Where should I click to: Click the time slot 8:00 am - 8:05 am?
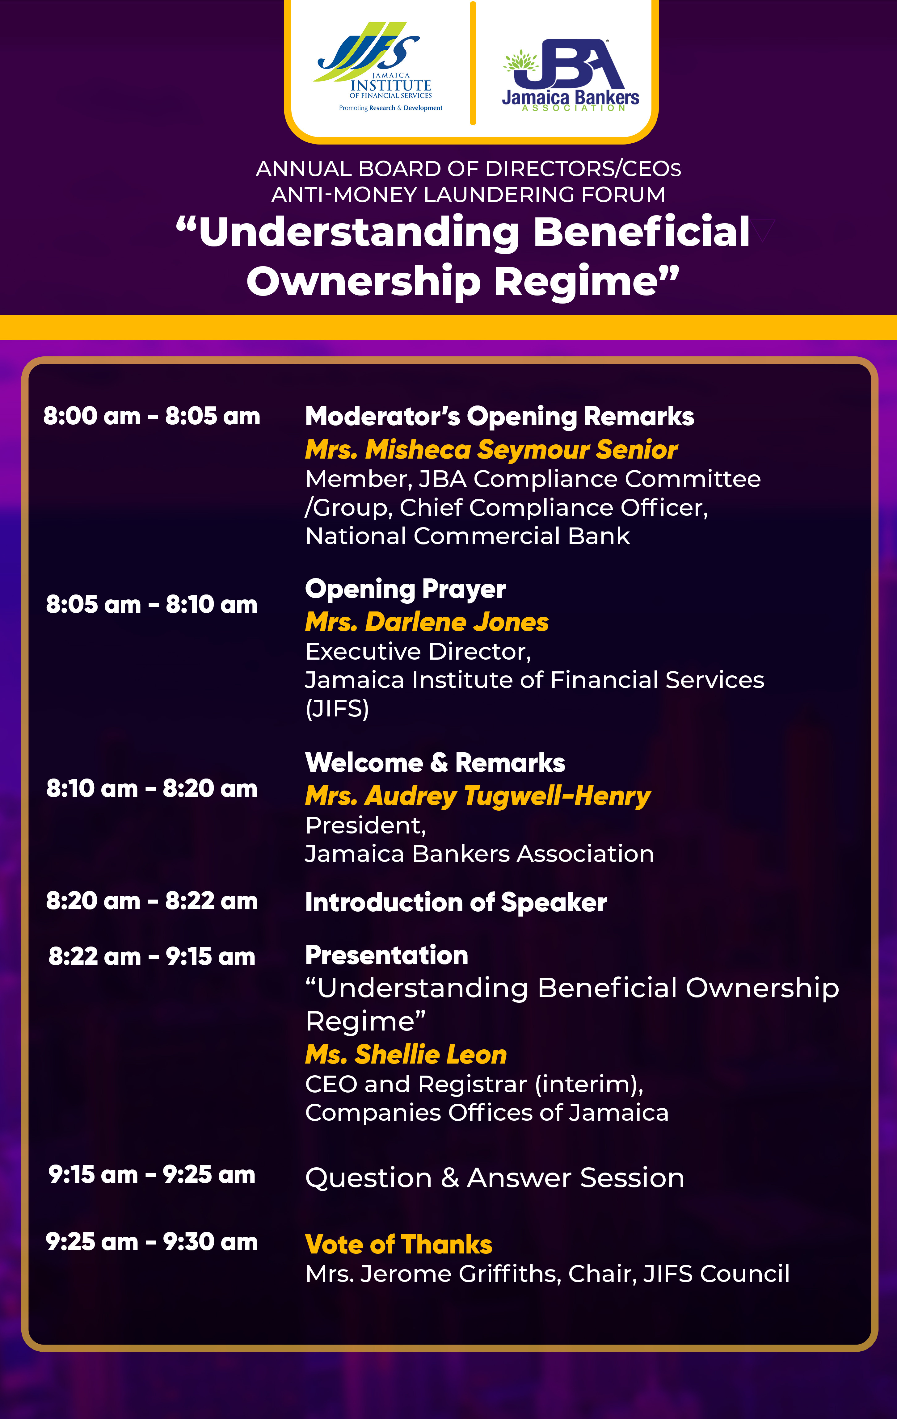click(x=151, y=416)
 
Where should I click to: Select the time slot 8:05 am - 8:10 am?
click(x=151, y=605)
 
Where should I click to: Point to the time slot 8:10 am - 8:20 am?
click(x=151, y=788)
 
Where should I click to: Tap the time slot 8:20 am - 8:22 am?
click(x=151, y=901)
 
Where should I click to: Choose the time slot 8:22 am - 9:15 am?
click(x=151, y=956)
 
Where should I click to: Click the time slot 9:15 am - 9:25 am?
click(x=151, y=1174)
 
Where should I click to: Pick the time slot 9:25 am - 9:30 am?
click(x=151, y=1242)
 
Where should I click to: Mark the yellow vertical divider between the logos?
click(x=473, y=63)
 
